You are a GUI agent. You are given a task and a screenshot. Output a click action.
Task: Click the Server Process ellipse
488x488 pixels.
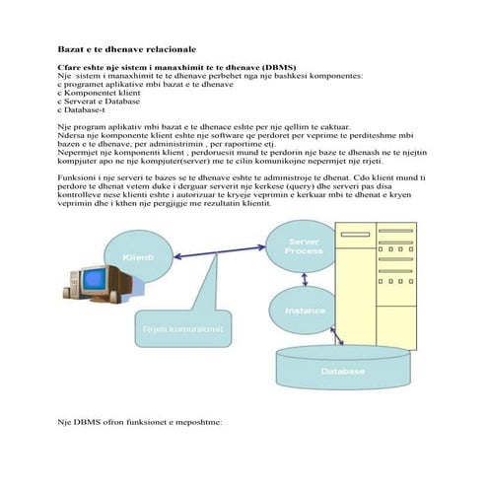coord(303,246)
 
